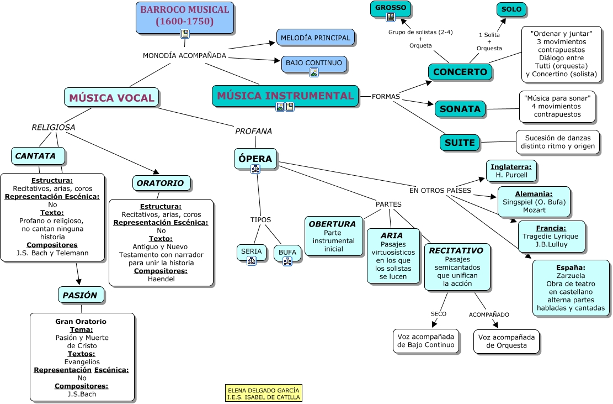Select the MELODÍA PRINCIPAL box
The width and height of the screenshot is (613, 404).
(315, 38)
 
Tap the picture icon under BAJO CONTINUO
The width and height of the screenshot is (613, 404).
(314, 72)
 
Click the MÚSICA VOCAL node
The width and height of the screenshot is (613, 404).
(111, 98)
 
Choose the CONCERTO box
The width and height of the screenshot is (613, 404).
(460, 72)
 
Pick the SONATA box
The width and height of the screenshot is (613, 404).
(460, 109)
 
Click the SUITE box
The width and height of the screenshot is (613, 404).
(460, 143)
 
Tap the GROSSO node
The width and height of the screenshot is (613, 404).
(391, 8)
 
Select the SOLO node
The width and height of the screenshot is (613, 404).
(511, 9)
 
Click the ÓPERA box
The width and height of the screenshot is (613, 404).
(255, 159)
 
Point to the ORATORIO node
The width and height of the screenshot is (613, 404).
(161, 183)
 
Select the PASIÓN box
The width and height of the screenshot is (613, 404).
(80, 295)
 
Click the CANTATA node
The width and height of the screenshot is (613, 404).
(36, 156)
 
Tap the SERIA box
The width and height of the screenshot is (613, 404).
(252, 251)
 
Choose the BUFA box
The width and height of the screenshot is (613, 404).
(287, 253)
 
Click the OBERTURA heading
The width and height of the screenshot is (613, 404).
(332, 224)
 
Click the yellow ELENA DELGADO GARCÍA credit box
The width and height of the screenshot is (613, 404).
(264, 393)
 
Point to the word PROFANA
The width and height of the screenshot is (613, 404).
(253, 131)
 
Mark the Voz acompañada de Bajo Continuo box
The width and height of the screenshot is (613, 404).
(426, 341)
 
